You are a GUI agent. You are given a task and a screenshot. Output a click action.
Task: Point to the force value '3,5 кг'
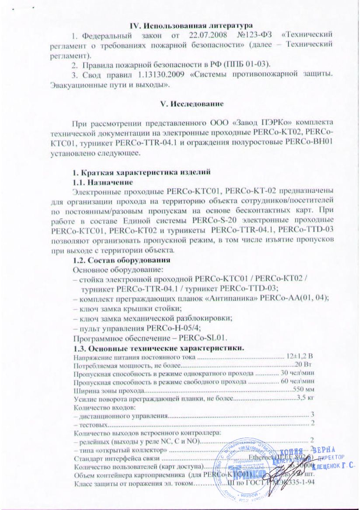point(305,398)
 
